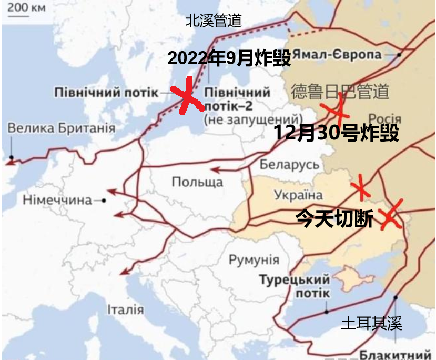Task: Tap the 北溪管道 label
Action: pyautogui.click(x=214, y=21)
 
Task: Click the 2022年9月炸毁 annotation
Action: pyautogui.click(x=229, y=58)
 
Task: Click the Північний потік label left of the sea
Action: pyautogui.click(x=105, y=93)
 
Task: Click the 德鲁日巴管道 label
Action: pyautogui.click(x=340, y=91)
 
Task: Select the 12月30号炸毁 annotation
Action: pyautogui.click(x=336, y=134)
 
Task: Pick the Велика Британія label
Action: pyautogui.click(x=62, y=128)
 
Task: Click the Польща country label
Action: pyautogui.click(x=197, y=182)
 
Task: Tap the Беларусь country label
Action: pyautogui.click(x=289, y=164)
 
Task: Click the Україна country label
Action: pyautogui.click(x=298, y=195)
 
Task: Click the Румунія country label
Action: pyautogui.click(x=254, y=259)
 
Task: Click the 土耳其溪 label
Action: pyautogui.click(x=371, y=323)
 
